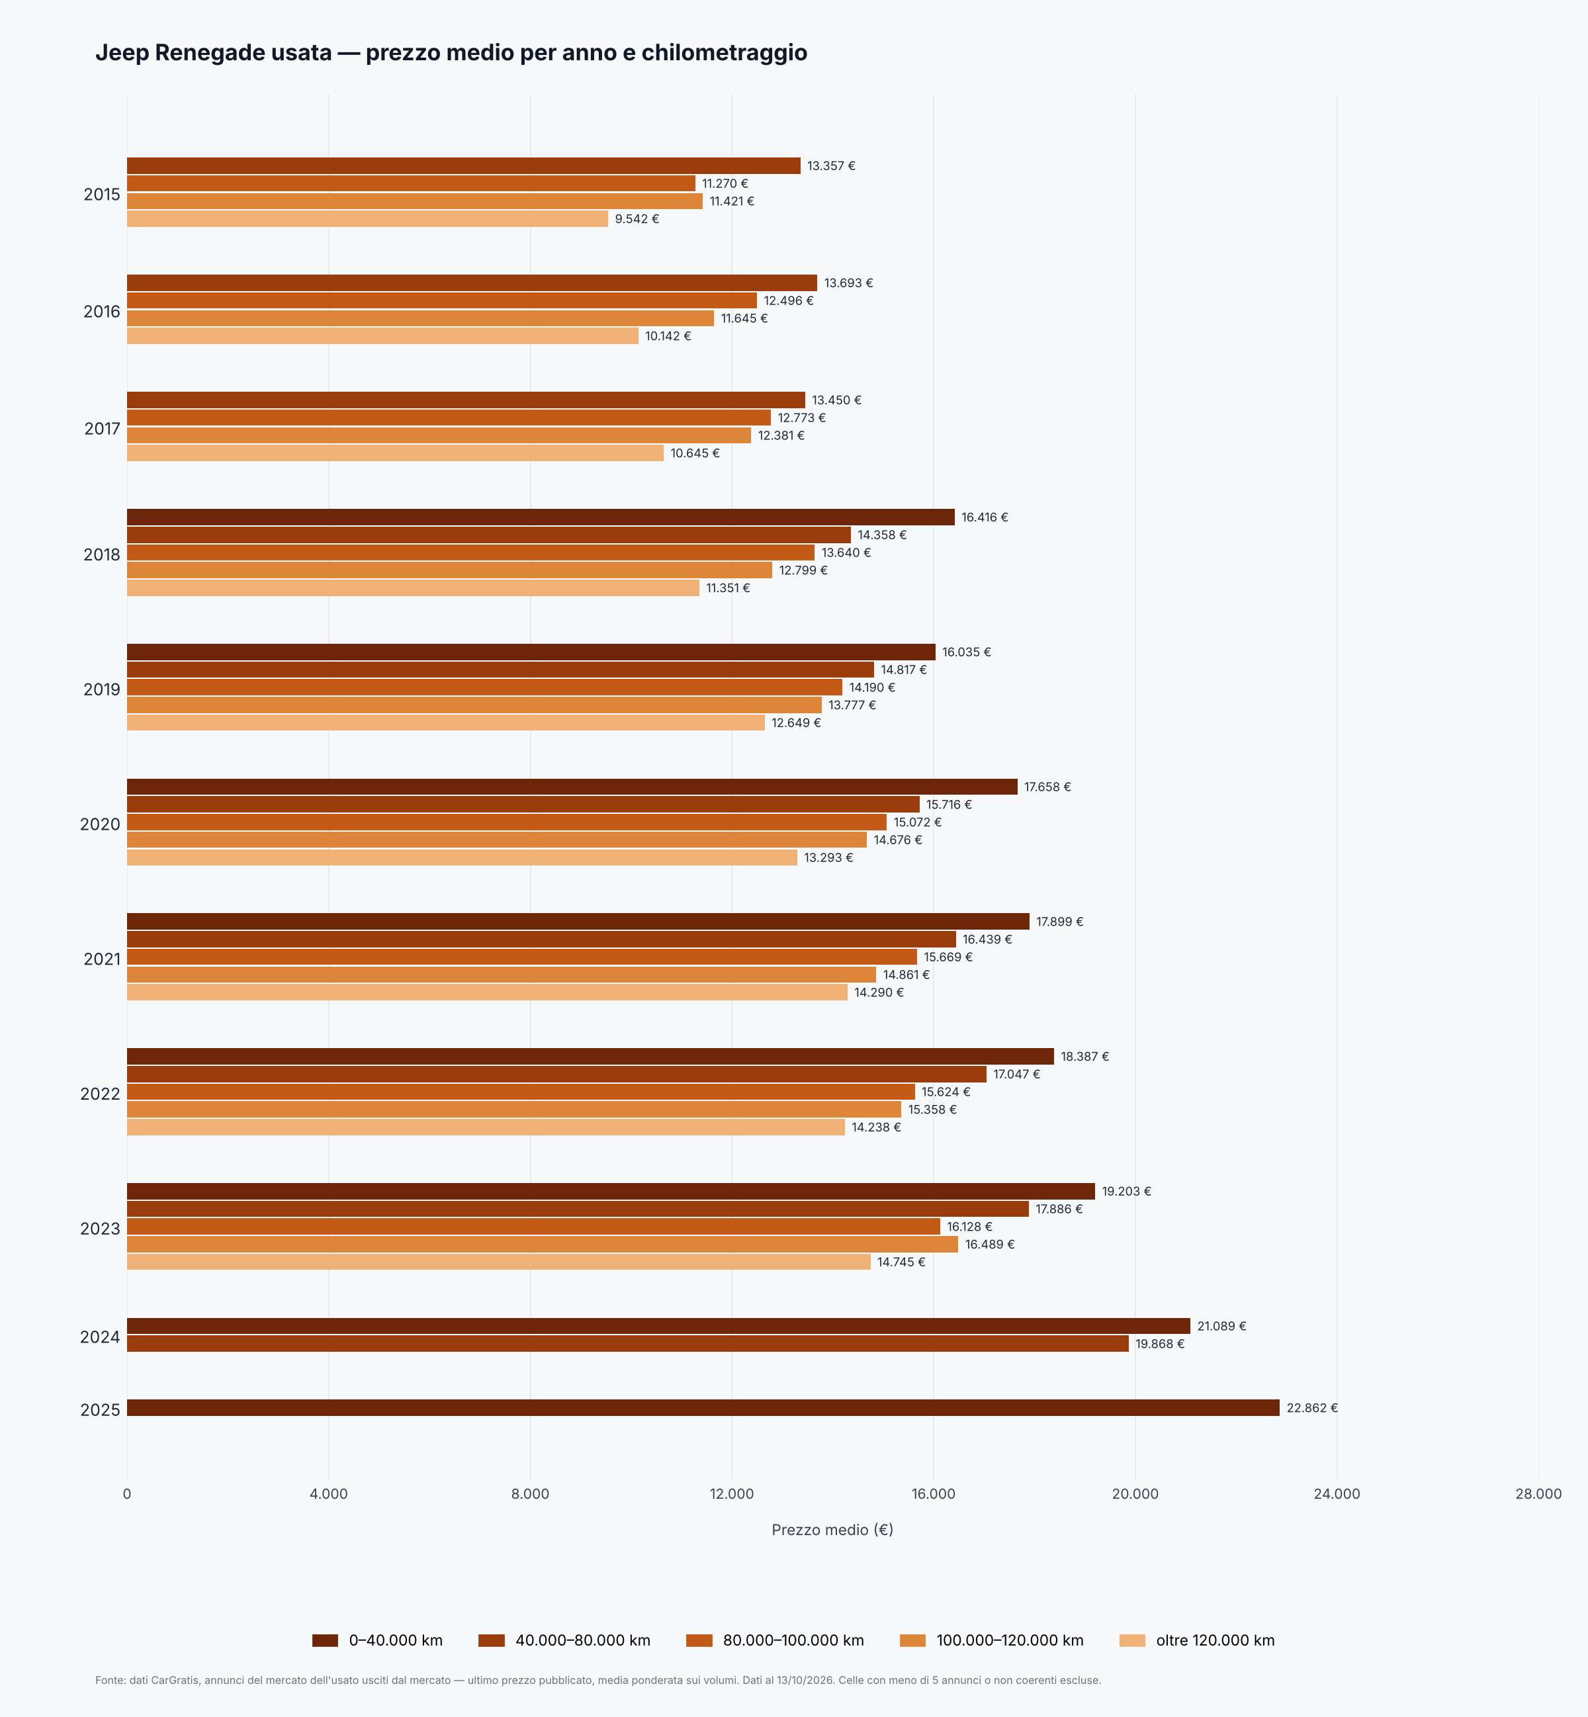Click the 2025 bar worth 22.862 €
coord(703,1407)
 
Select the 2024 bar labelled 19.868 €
coord(627,1343)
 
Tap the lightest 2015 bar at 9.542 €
coord(368,219)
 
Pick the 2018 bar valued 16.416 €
coord(541,517)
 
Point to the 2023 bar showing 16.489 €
coord(542,1245)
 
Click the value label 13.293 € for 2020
coord(828,858)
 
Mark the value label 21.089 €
coord(1221,1326)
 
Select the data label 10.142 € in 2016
coord(668,336)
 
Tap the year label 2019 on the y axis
coord(101,689)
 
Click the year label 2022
coord(100,1094)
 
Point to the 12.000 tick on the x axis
coord(731,1493)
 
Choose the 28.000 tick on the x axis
coord(1538,1493)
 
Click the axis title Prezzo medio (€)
coord(832,1530)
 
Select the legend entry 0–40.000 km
coord(377,1640)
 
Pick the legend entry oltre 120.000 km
coord(1197,1640)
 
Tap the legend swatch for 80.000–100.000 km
coord(699,1640)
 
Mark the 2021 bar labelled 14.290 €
coord(487,992)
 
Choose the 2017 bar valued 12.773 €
coord(449,418)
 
